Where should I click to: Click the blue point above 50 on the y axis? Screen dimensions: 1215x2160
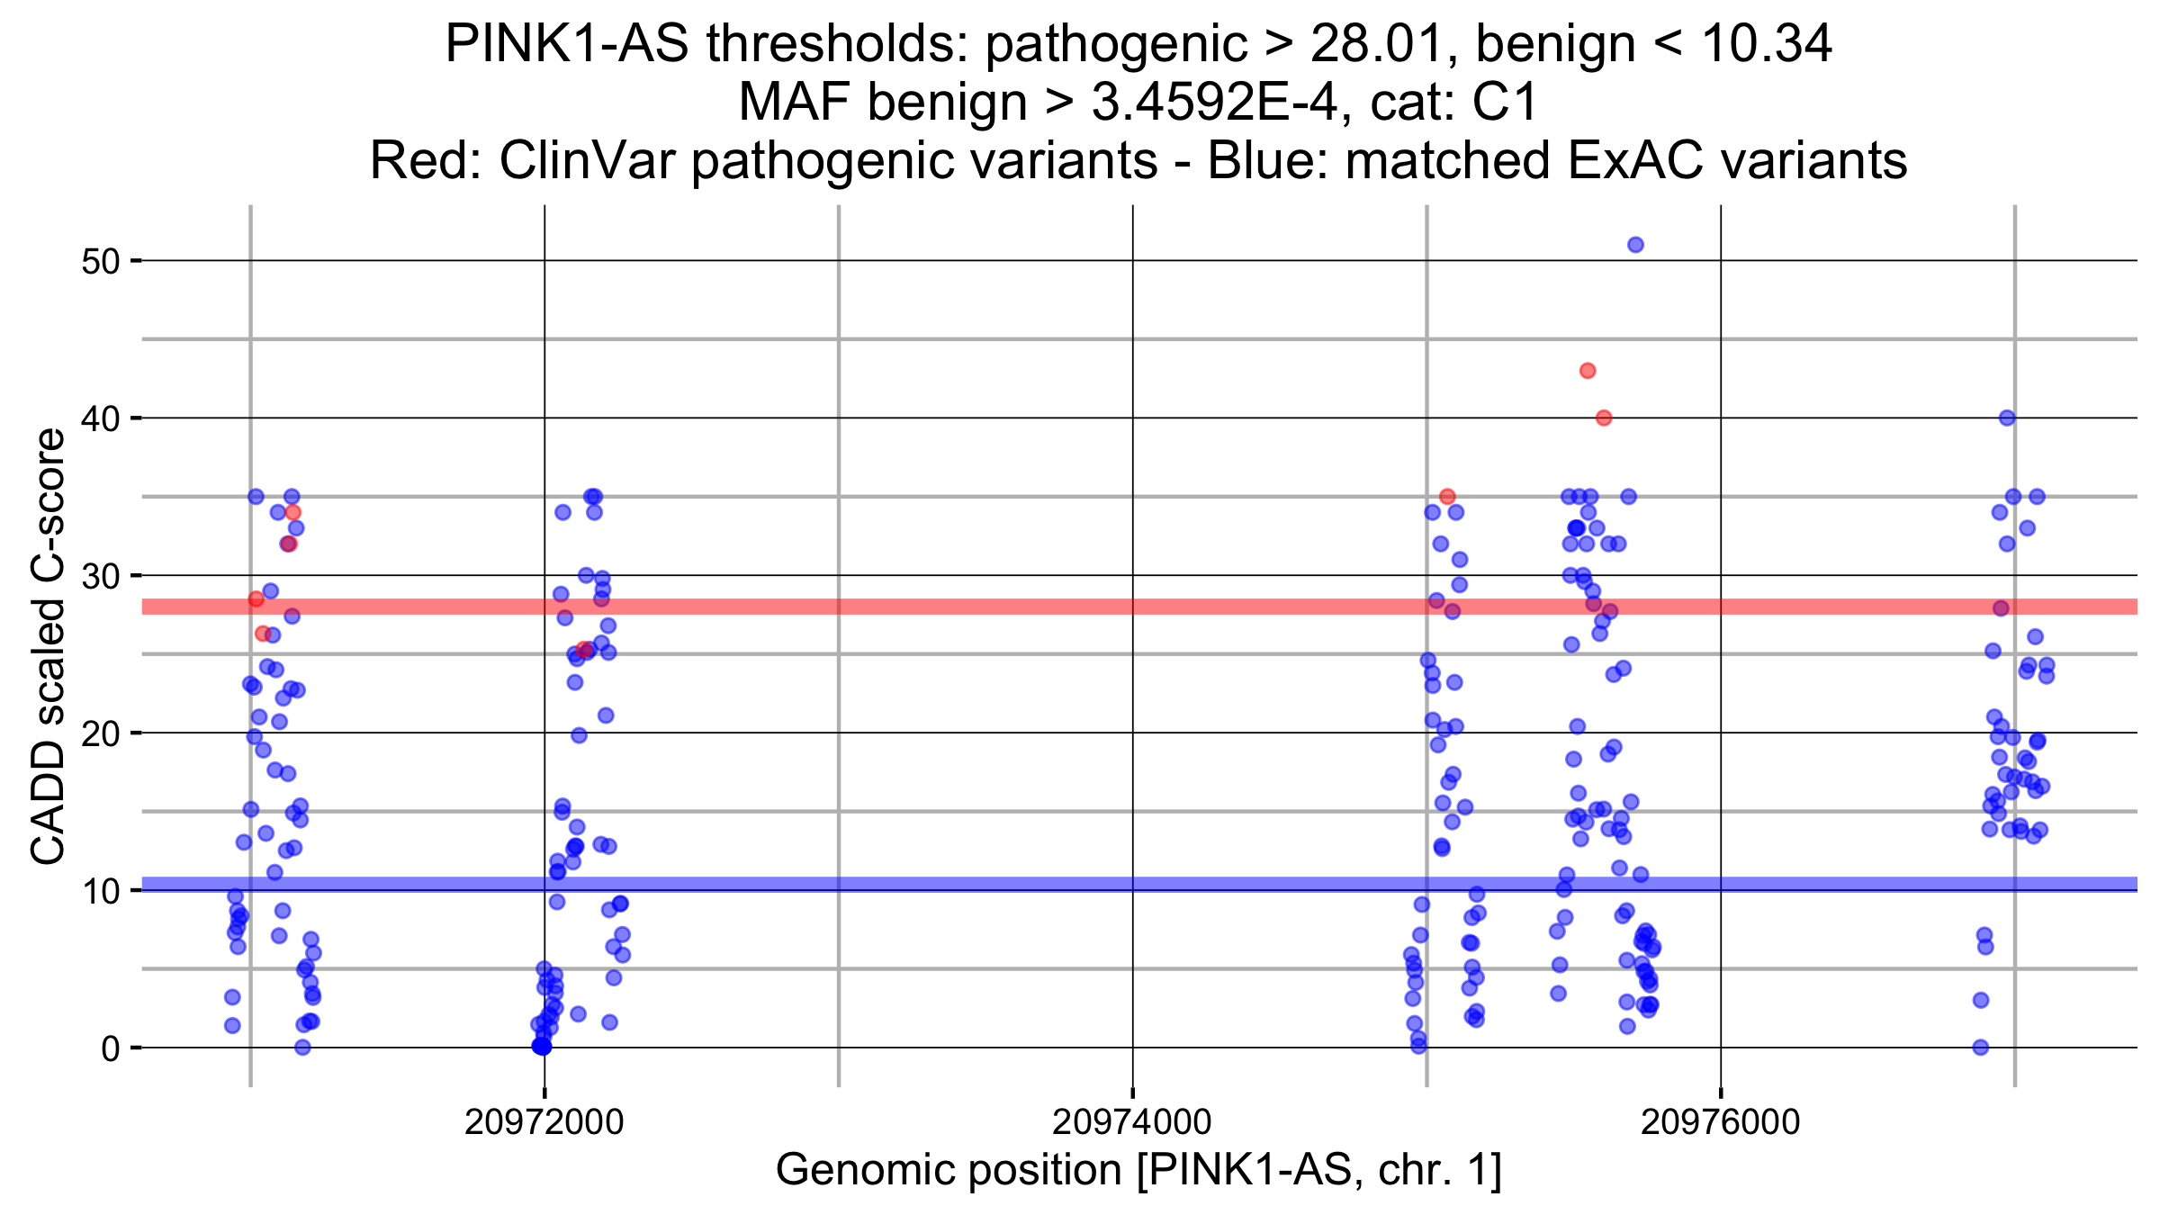[1635, 245]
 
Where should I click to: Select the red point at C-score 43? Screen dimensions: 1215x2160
[1588, 371]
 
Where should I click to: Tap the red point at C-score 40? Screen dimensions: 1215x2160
[1604, 418]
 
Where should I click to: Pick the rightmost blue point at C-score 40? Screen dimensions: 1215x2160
[2007, 418]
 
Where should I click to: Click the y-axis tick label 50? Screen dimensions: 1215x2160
[100, 262]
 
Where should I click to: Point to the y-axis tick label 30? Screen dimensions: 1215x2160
[100, 576]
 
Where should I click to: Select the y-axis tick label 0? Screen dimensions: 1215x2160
[110, 1048]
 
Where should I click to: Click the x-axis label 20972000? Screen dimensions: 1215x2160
[544, 1123]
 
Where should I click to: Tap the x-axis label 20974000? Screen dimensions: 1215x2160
[1132, 1123]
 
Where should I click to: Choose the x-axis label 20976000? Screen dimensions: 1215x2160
[1720, 1123]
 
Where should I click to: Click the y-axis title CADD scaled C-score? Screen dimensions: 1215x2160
[49, 646]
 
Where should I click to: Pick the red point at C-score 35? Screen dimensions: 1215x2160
[1447, 497]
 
